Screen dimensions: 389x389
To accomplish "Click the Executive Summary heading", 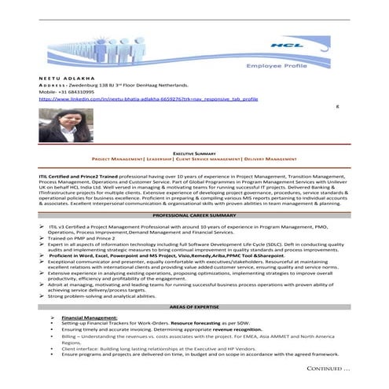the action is click(x=194, y=153).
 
